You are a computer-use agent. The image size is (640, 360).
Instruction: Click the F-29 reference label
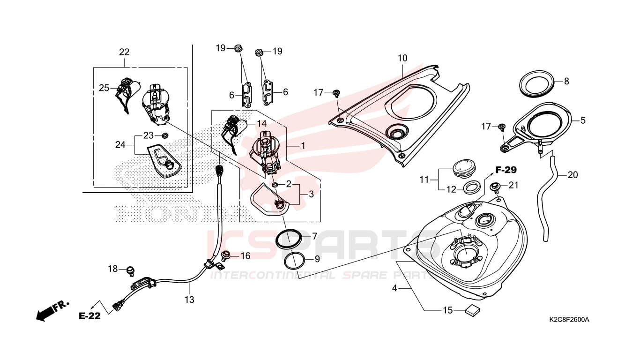coord(506,170)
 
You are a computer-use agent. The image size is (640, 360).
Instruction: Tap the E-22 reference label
coord(89,316)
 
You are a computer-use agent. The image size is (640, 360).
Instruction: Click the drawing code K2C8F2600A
coord(569,319)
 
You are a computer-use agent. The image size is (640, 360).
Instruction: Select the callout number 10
coord(402,58)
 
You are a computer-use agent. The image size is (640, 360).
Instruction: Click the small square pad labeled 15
coord(473,310)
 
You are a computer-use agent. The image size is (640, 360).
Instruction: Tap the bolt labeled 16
coord(226,255)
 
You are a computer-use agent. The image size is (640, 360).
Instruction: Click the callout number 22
coord(124,52)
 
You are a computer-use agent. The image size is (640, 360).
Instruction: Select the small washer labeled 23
coord(165,135)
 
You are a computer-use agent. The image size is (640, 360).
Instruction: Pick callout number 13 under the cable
coord(189,300)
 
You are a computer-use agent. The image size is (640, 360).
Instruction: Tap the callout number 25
coord(104,88)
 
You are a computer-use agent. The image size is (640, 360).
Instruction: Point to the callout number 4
coord(394,288)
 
